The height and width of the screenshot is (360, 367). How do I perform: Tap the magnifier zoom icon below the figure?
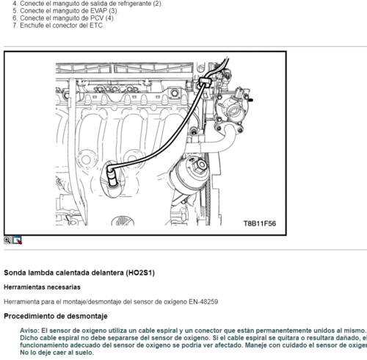(7, 240)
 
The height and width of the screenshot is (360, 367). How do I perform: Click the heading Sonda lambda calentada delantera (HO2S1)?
(79, 273)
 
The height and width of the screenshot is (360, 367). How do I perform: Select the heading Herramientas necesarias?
(42, 287)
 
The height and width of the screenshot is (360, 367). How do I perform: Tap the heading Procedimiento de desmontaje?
(55, 316)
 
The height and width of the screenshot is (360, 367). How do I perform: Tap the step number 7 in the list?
(14, 26)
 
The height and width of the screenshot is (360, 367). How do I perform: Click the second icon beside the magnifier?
(18, 240)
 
